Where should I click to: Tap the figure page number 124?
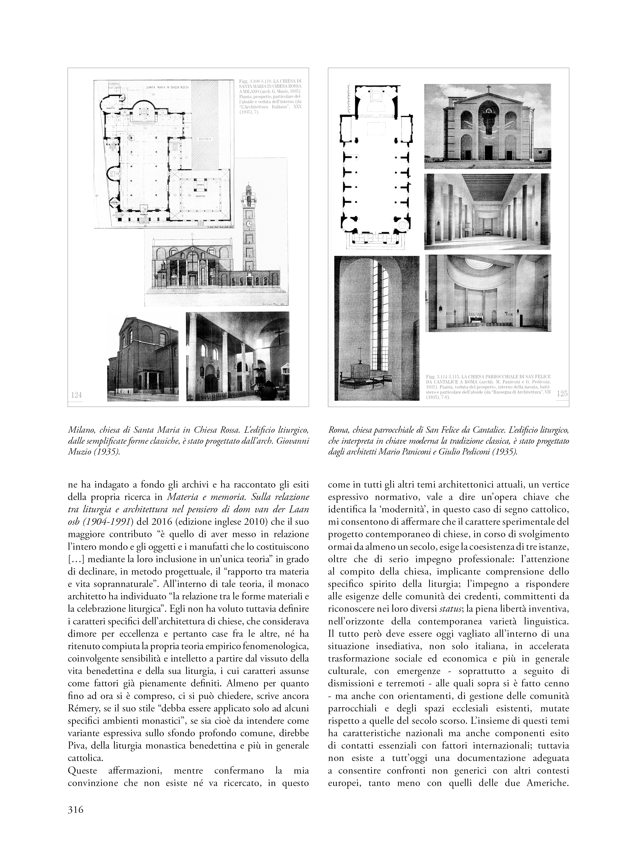pos(76,395)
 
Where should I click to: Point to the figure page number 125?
pos(562,394)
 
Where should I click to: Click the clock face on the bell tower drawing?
pos(249,224)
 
